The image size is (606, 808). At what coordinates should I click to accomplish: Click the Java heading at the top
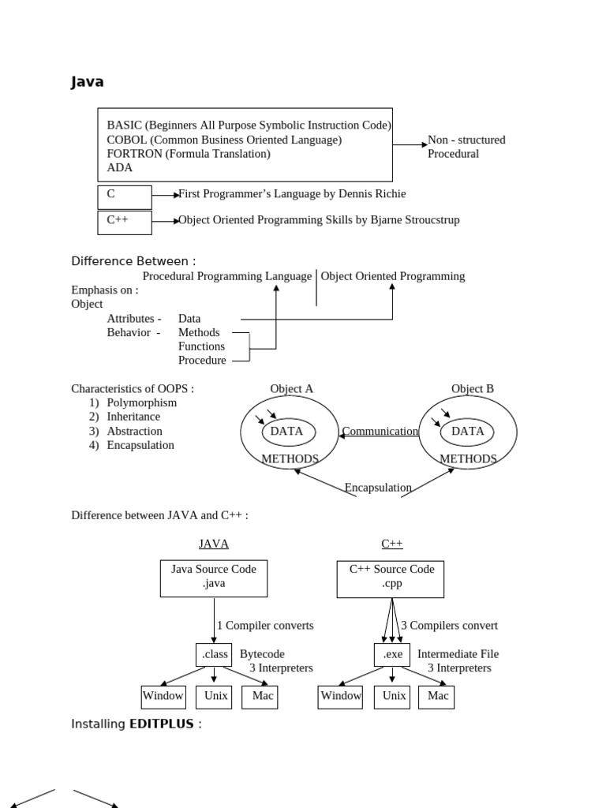point(87,82)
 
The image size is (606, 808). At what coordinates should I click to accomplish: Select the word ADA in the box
point(120,167)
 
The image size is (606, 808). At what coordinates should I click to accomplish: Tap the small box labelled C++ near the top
point(124,221)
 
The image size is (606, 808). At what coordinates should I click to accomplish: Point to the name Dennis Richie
point(372,193)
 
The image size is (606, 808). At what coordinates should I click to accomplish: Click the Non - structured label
point(466,140)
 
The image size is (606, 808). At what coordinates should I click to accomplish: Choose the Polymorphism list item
point(142,402)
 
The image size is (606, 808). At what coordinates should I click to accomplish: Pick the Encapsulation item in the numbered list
point(140,445)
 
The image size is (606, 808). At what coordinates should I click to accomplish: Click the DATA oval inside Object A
point(288,432)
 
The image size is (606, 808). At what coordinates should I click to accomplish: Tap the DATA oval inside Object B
point(467,432)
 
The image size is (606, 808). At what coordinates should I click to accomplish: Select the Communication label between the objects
point(380,431)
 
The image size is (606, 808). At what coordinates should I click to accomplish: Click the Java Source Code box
point(214,578)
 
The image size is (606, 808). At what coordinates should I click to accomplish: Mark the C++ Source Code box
point(391,578)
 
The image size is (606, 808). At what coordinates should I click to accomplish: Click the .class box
point(214,654)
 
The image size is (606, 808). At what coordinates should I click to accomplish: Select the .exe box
point(392,654)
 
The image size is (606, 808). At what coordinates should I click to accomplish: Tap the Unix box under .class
point(215,696)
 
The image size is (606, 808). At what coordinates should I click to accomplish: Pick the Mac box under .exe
point(437,696)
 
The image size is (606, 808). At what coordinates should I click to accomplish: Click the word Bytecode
point(262,654)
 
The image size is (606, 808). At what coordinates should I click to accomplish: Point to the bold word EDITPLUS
point(161,724)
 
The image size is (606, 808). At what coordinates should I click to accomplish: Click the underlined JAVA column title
point(214,544)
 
